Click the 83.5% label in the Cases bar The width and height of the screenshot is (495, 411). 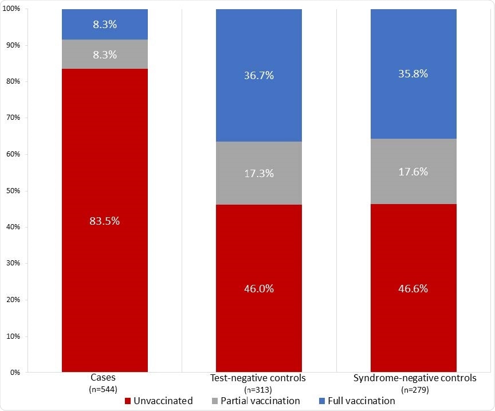[x=104, y=221]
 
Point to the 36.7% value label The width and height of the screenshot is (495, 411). [x=259, y=75]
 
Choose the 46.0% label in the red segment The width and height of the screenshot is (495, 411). [x=259, y=288]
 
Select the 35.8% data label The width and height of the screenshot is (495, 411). [x=414, y=73]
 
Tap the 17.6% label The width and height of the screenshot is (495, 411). [x=414, y=171]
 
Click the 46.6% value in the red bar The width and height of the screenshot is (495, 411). [x=414, y=288]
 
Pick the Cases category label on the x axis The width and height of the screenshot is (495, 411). [x=104, y=378]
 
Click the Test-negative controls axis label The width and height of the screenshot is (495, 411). [x=259, y=378]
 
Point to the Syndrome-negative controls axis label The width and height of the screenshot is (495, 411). [x=415, y=378]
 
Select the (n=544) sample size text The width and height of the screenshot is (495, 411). [x=104, y=389]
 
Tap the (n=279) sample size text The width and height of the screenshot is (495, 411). [x=415, y=389]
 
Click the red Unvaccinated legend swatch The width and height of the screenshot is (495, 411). [x=128, y=401]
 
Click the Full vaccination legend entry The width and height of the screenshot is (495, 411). [x=361, y=401]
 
